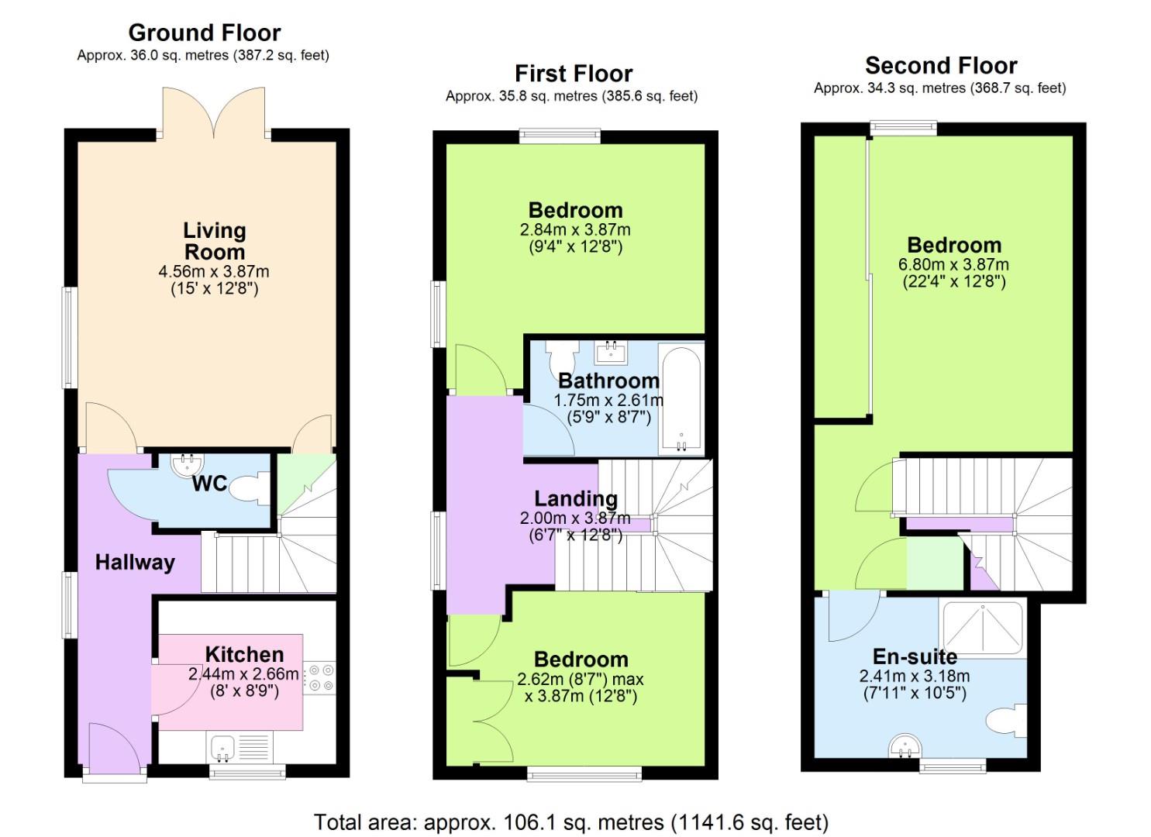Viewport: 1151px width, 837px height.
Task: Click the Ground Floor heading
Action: tap(204, 33)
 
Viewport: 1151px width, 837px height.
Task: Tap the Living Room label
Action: tap(214, 241)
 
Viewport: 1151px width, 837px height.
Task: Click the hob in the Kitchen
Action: tap(319, 677)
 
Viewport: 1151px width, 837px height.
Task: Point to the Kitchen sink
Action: tap(223, 748)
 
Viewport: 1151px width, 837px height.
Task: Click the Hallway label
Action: tap(135, 562)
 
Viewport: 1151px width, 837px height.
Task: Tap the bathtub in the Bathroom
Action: tap(681, 400)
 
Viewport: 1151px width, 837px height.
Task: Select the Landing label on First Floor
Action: tap(575, 498)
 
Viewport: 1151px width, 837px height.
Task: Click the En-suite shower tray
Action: tap(982, 626)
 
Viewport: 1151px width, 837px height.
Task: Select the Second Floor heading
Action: tap(940, 65)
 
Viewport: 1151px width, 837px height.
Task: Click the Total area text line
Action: tap(570, 821)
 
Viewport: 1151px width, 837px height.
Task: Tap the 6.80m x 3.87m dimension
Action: tap(953, 264)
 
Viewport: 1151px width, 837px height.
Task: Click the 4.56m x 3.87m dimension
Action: tap(214, 272)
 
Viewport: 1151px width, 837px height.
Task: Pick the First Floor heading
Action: tap(574, 74)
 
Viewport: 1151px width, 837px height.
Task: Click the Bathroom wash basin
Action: tap(612, 353)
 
